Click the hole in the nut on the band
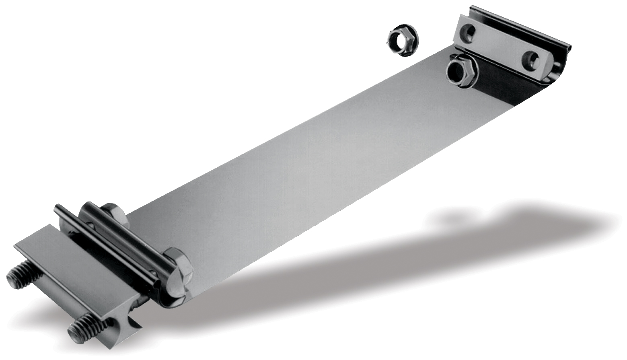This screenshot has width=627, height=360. coord(456,71)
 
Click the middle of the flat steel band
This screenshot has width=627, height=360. coord(306,169)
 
